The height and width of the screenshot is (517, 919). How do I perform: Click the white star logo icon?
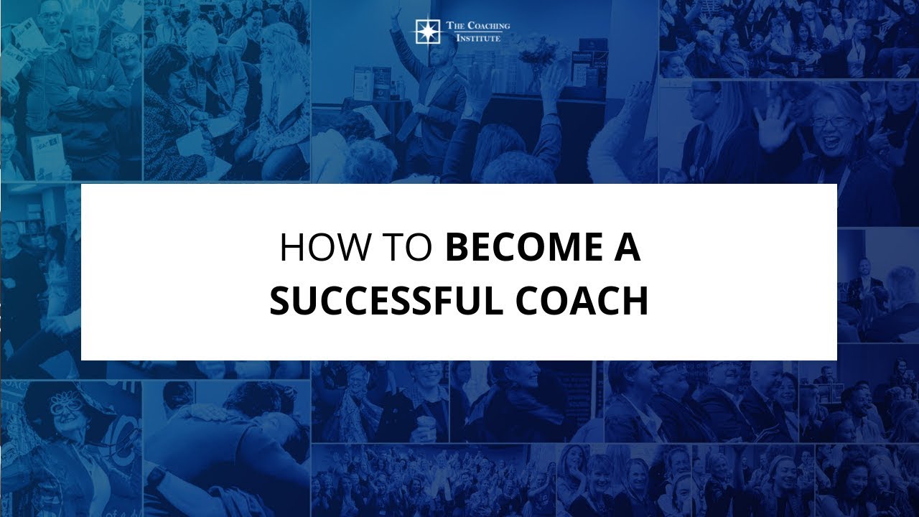pyautogui.click(x=426, y=32)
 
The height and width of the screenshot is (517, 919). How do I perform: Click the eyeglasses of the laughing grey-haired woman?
pyautogui.click(x=831, y=123)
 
